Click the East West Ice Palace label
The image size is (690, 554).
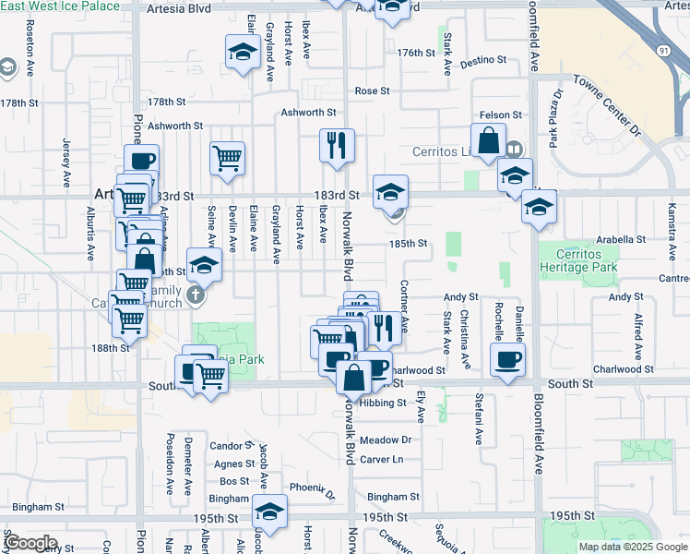pyautogui.click(x=60, y=6)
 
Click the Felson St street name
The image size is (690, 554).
pyautogui.click(x=505, y=114)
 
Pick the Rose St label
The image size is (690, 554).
pyautogui.click(x=373, y=91)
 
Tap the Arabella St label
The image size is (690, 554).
pyautogui.click(x=620, y=239)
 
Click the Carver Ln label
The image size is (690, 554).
pyautogui.click(x=382, y=459)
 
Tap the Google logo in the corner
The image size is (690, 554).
pyautogui.click(x=30, y=543)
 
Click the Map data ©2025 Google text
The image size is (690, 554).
pyautogui.click(x=634, y=547)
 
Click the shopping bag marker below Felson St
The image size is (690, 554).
pyautogui.click(x=489, y=141)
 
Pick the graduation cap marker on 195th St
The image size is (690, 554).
pyautogui.click(x=269, y=512)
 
